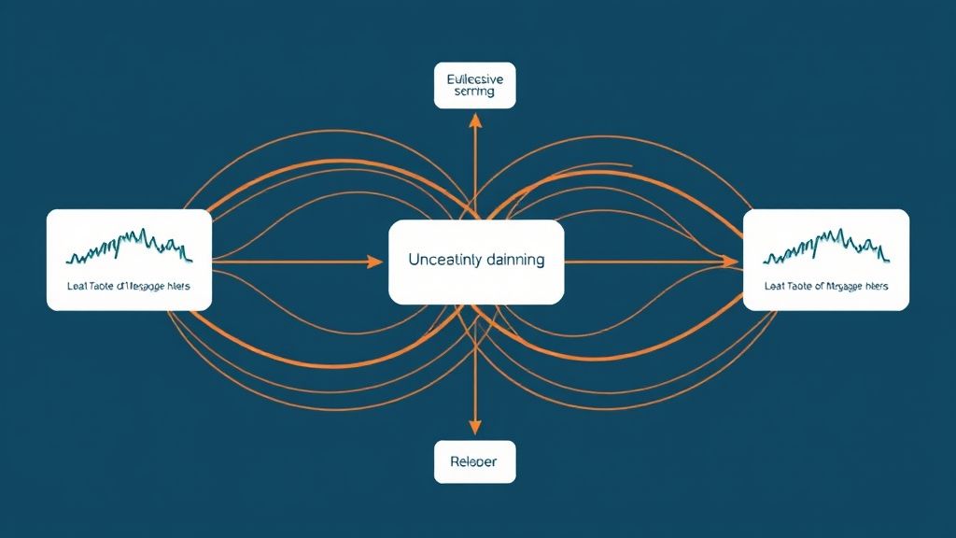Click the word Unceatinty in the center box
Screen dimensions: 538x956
coord(444,261)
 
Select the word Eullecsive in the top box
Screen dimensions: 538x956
coord(475,79)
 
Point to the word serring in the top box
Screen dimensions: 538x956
coord(475,93)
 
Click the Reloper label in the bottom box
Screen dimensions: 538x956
coord(475,461)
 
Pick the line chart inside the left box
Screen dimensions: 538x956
coord(130,247)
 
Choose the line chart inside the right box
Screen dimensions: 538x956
coord(826,247)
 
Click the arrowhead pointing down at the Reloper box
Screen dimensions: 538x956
coord(475,429)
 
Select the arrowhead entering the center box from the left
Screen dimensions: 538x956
coord(375,262)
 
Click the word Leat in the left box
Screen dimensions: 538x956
coord(77,286)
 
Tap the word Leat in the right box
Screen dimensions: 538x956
coord(774,286)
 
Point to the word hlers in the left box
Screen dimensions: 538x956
coord(177,286)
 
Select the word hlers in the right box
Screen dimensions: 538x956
coord(875,286)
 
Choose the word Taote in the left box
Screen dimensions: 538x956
coord(101,286)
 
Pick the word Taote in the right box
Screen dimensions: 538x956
coord(799,286)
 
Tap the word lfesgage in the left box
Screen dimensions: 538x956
coord(142,287)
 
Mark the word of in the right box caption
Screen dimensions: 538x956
coord(819,286)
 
